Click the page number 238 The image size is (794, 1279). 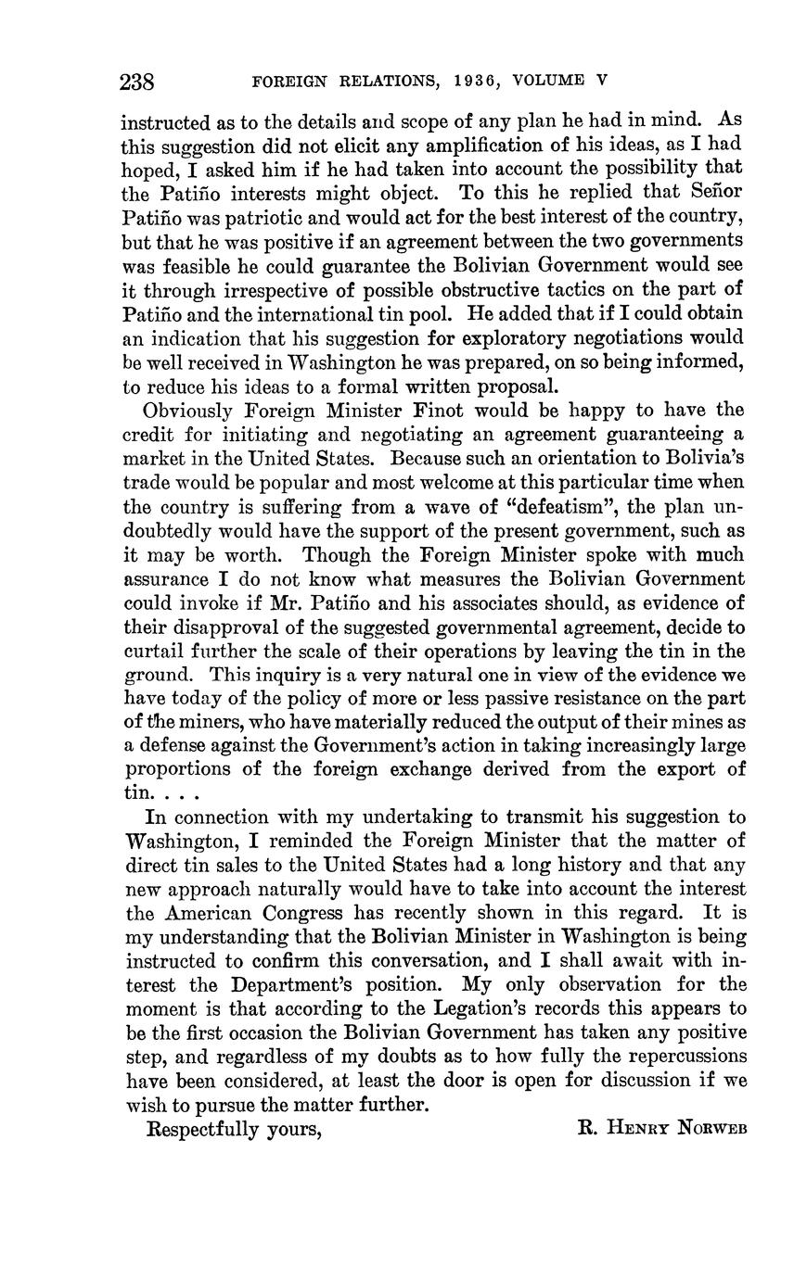point(137,82)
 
